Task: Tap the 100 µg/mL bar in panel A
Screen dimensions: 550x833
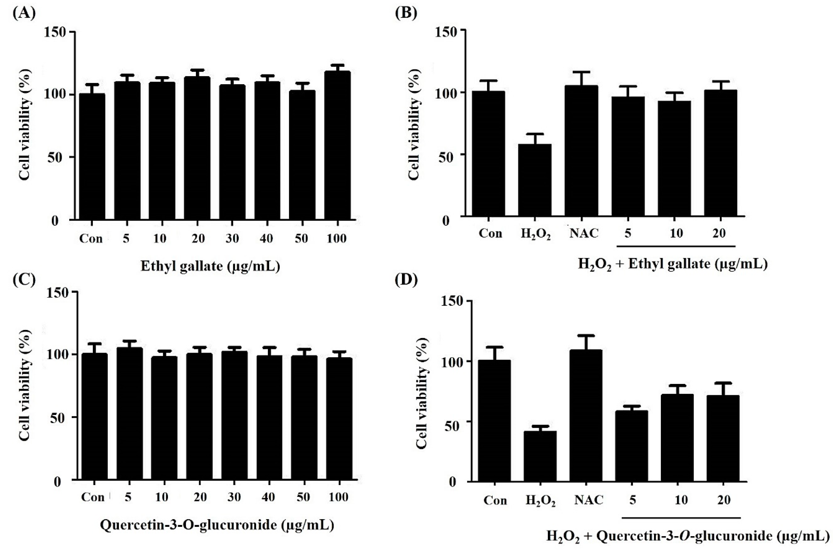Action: pyautogui.click(x=337, y=146)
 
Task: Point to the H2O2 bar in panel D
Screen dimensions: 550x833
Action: pyautogui.click(x=540, y=456)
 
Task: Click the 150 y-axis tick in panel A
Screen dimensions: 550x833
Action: pyautogui.click(x=55, y=32)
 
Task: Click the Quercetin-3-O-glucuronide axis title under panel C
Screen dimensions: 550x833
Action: pyautogui.click(x=217, y=525)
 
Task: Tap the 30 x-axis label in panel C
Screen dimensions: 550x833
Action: pyautogui.click(x=234, y=497)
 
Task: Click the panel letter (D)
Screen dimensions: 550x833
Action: pyautogui.click(x=406, y=281)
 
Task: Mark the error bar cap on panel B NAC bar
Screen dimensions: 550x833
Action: pyautogui.click(x=581, y=72)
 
